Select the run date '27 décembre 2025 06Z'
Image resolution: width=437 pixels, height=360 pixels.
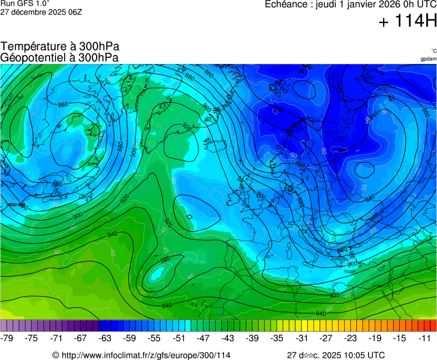click(x=41, y=12)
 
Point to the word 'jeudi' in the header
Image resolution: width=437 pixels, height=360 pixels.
click(x=327, y=4)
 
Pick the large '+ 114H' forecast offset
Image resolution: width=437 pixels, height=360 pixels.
click(x=408, y=22)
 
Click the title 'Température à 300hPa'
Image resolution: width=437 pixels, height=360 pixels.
click(x=59, y=47)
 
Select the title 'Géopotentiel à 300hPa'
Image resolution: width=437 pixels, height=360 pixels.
click(x=59, y=57)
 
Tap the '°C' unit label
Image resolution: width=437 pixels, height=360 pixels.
click(x=433, y=51)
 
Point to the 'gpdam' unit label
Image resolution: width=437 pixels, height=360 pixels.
click(x=428, y=59)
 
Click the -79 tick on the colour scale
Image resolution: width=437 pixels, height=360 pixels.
click(x=7, y=338)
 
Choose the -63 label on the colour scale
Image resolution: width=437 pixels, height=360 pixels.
click(x=105, y=338)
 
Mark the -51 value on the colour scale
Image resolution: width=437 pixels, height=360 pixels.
click(x=178, y=338)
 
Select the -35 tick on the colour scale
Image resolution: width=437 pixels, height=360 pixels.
click(x=276, y=338)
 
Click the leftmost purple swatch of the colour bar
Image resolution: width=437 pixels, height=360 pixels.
click(x=4, y=326)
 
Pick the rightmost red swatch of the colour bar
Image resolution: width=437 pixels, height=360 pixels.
click(x=433, y=326)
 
